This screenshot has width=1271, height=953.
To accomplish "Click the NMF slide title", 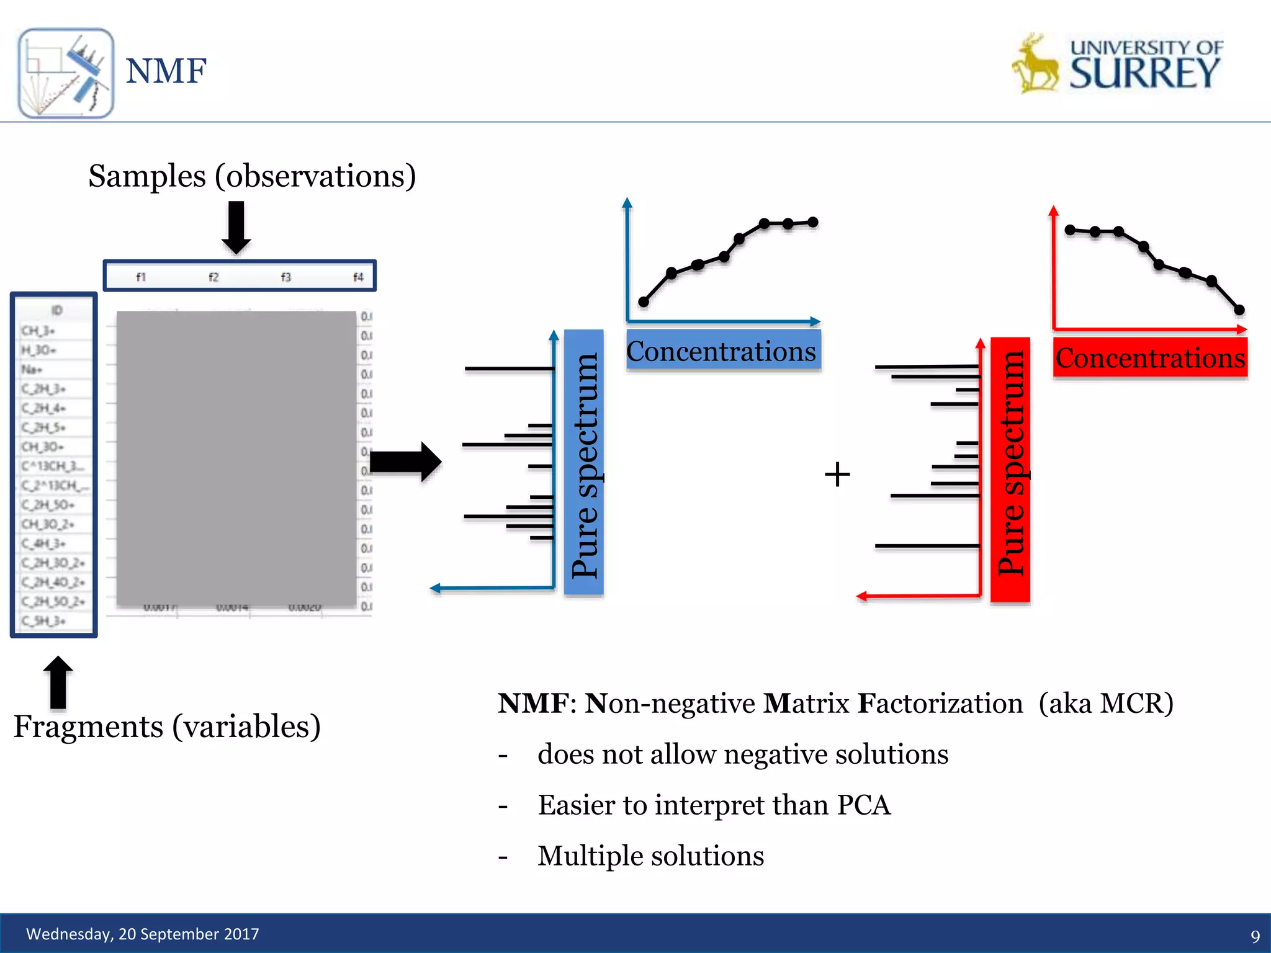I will click(x=166, y=71).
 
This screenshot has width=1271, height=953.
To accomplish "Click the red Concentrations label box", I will click(x=1150, y=359).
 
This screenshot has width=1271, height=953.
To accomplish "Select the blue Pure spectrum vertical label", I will click(x=584, y=463).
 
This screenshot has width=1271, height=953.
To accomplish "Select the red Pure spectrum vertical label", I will click(x=1010, y=469).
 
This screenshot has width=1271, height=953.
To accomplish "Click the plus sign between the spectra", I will click(x=837, y=475).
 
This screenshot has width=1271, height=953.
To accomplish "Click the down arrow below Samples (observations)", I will click(x=236, y=227).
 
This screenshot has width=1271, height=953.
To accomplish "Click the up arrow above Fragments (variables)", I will click(x=58, y=681).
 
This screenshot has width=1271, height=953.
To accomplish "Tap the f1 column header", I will click(x=141, y=277).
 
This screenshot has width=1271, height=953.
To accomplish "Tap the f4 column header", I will click(x=358, y=277).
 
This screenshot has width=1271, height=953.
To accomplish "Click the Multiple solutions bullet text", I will click(x=650, y=856).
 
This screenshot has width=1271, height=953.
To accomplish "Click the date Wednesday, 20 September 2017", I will click(x=142, y=934).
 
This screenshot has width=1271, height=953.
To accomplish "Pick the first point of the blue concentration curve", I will click(x=644, y=302).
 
